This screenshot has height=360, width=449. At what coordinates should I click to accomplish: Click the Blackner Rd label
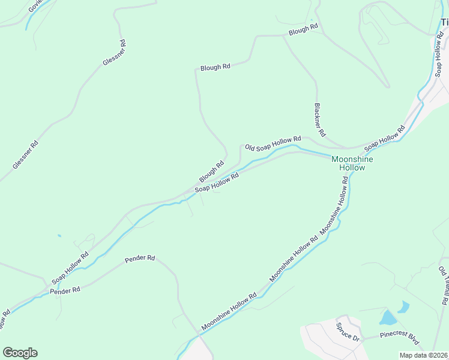[319, 119]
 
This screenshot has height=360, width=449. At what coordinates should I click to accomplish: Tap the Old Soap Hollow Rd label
[273, 143]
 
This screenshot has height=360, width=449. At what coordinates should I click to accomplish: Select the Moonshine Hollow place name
[352, 163]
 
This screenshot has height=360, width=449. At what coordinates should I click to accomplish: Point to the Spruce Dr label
[348, 332]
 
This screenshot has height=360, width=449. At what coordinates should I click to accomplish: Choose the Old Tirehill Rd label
[444, 286]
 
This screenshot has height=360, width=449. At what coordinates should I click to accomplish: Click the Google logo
[20, 353]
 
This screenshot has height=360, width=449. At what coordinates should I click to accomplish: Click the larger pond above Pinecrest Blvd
[388, 317]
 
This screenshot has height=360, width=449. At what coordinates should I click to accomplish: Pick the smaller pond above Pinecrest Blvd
[403, 308]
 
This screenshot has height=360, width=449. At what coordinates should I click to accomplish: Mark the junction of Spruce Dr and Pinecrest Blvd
[363, 337]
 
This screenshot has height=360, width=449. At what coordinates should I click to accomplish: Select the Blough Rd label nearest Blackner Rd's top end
[303, 29]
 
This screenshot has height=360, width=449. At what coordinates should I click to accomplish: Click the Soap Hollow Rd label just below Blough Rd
[217, 182]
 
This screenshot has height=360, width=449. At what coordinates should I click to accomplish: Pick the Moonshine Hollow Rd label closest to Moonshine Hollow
[342, 204]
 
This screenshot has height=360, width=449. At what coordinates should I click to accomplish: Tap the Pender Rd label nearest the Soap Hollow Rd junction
[65, 290]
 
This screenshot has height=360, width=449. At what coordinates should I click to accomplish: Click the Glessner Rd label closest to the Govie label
[114, 53]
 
